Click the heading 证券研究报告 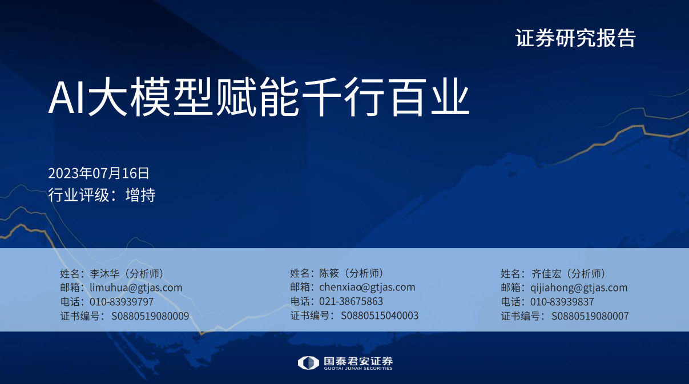(x=575, y=38)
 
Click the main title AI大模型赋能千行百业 (x=259, y=97)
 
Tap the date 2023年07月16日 (x=98, y=173)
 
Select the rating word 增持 (x=140, y=195)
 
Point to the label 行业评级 (x=78, y=195)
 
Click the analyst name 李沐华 (x=104, y=274)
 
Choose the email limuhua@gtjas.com (x=136, y=288)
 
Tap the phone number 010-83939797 (x=122, y=302)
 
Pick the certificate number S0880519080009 (x=150, y=316)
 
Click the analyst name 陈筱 (x=329, y=273)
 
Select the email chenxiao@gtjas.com (x=367, y=287)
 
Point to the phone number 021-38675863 (x=351, y=301)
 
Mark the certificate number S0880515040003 (x=380, y=316)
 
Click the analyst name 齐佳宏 (x=547, y=274)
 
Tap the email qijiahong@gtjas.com (x=579, y=288)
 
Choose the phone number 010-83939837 (x=562, y=302)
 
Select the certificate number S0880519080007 (x=590, y=316)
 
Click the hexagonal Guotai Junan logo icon (x=308, y=363)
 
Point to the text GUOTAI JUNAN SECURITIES (x=358, y=369)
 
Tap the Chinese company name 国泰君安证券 (x=358, y=361)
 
